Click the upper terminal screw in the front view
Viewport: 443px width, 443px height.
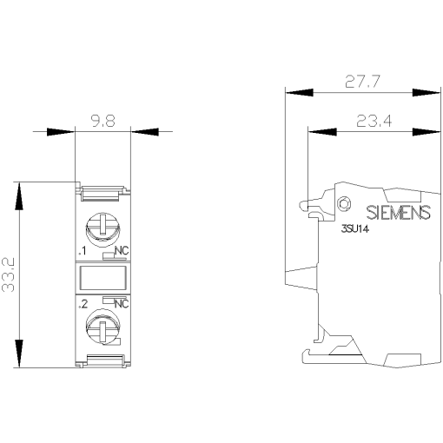[102, 228]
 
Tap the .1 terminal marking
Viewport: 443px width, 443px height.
[82, 251]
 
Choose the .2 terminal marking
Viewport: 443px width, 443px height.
[83, 304]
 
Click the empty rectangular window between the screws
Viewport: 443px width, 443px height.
[102, 278]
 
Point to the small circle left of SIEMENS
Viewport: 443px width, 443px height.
[343, 204]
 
